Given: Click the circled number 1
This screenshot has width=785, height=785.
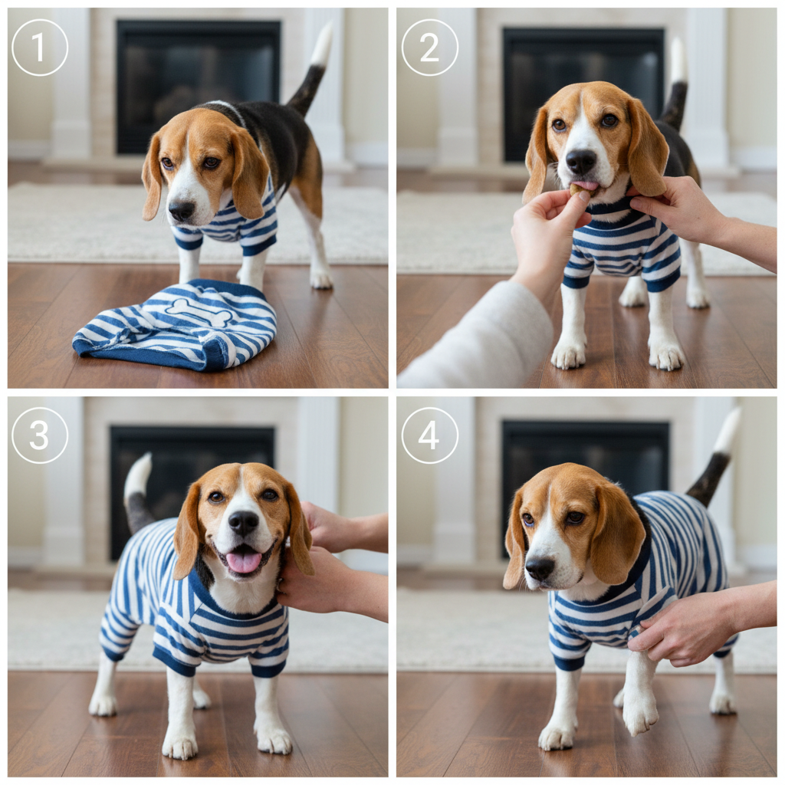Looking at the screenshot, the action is (40, 48).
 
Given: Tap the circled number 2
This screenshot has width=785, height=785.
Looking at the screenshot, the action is (429, 48).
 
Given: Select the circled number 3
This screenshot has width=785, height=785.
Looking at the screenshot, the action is (40, 435).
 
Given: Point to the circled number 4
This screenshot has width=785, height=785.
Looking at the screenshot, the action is (429, 435).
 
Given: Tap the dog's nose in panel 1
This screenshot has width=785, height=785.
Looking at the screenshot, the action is (181, 211).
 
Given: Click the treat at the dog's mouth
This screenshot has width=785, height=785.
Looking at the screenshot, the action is (576, 190).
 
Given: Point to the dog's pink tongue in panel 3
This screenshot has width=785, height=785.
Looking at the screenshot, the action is (244, 562).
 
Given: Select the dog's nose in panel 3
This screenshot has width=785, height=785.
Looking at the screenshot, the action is (243, 523).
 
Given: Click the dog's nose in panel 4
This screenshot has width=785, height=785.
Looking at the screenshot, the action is (540, 568).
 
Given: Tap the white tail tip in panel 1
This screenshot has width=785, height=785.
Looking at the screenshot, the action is (323, 44).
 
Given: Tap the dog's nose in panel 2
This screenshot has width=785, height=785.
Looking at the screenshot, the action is (581, 161).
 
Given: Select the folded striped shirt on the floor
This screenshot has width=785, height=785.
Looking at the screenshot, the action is (175, 324).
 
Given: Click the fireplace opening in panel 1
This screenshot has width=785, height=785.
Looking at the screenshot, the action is (199, 87).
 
